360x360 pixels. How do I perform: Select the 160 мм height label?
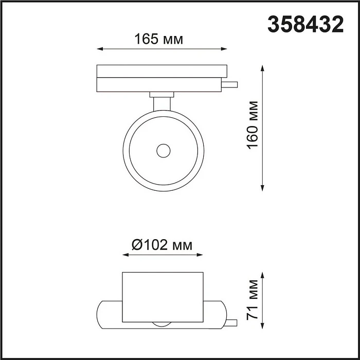click(x=252, y=125)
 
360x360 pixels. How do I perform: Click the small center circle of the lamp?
click(x=164, y=151)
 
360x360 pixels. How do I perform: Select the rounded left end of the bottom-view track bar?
click(x=101, y=312)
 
